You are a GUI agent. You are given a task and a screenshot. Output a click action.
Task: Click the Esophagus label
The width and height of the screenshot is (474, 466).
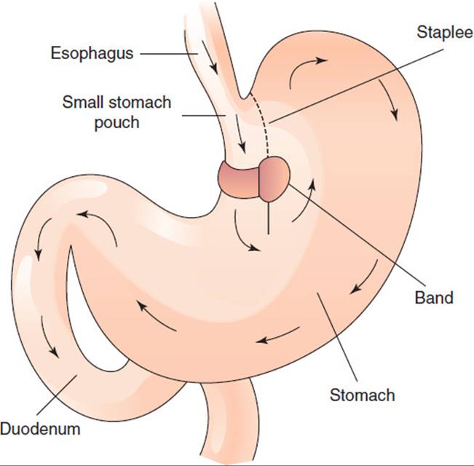(x=92, y=54)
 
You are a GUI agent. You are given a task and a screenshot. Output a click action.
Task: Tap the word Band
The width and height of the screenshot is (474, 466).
(x=434, y=298)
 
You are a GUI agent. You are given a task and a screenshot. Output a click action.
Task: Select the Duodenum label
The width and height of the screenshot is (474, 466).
(x=40, y=429)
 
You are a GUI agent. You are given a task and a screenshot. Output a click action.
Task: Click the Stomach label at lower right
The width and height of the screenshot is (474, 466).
(x=362, y=395)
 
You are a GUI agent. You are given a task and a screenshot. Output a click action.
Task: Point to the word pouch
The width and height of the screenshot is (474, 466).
(x=117, y=123)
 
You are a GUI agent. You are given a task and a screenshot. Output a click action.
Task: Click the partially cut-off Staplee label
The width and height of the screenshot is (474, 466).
(x=445, y=32)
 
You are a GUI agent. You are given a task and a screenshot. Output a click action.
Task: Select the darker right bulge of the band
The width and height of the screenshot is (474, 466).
(x=274, y=179)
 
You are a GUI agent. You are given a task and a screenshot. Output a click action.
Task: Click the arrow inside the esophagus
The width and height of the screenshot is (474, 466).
(x=210, y=57)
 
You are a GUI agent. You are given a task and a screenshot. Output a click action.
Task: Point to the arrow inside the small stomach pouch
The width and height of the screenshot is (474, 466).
(x=240, y=133)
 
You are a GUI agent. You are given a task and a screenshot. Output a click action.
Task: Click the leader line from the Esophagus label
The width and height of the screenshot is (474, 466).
(x=169, y=54)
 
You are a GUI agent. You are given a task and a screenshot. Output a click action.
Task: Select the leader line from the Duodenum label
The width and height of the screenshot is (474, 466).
(x=57, y=395)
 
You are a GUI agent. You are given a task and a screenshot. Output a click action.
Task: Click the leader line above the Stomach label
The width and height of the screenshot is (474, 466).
(x=337, y=337)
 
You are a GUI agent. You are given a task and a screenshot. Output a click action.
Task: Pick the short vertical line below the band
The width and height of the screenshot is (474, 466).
(x=269, y=218)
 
